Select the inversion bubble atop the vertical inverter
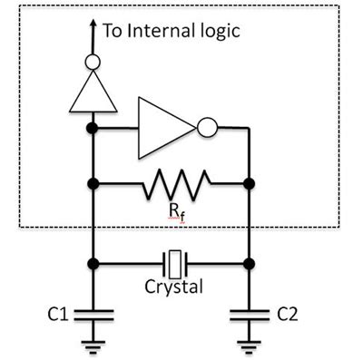(x=93, y=63)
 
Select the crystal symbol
(x=172, y=265)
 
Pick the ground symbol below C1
(x=93, y=345)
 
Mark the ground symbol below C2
(x=250, y=345)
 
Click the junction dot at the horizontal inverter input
(x=93, y=130)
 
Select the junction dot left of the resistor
(x=93, y=185)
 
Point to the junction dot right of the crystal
(x=250, y=265)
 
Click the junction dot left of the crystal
(x=93, y=265)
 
